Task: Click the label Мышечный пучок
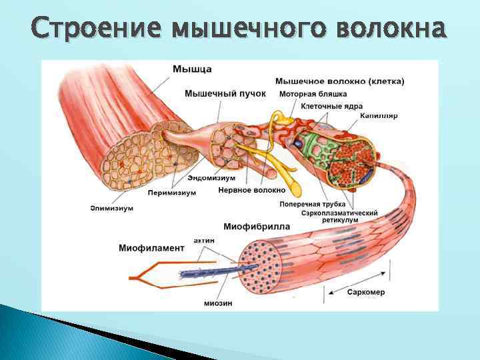pyautogui.click(x=225, y=93)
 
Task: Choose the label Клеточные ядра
pyautogui.click(x=332, y=105)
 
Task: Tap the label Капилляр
pyautogui.click(x=378, y=115)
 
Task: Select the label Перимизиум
pyautogui.click(x=172, y=193)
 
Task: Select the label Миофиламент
pyautogui.click(x=151, y=248)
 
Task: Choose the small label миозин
pyautogui.click(x=218, y=302)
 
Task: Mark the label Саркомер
pyautogui.click(x=365, y=292)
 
